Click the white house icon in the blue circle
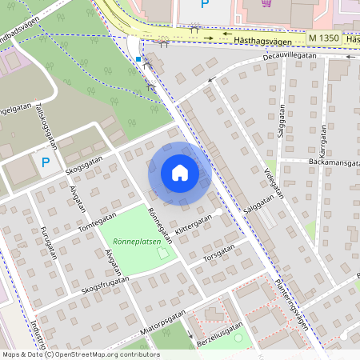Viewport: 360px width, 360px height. click(x=179, y=172)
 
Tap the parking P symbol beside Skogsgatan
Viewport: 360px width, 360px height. click(x=46, y=162)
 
